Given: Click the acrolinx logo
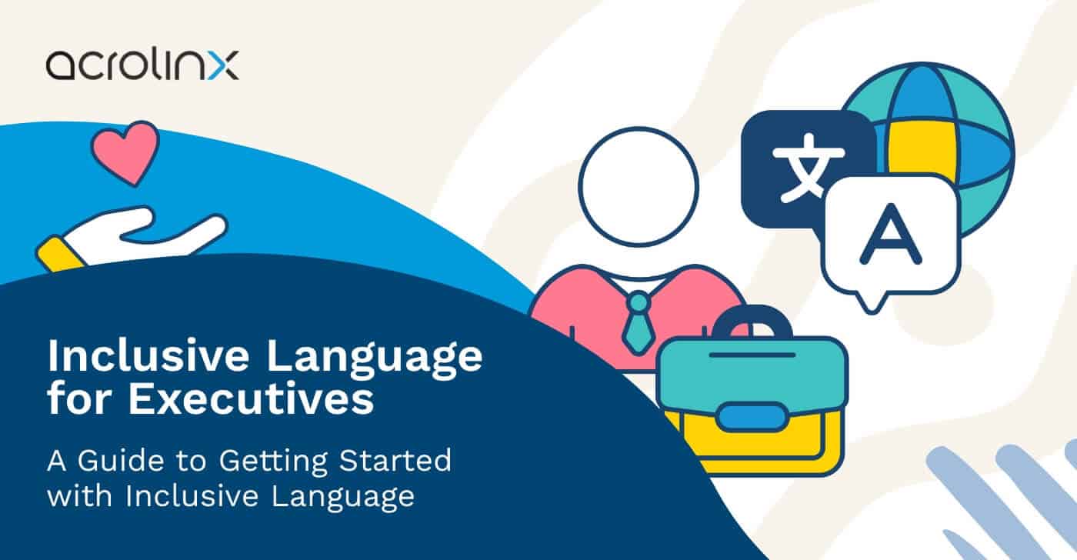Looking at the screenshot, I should [142, 65].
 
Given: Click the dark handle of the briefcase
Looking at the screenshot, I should [751, 321].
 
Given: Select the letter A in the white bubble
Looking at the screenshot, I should [891, 232].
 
